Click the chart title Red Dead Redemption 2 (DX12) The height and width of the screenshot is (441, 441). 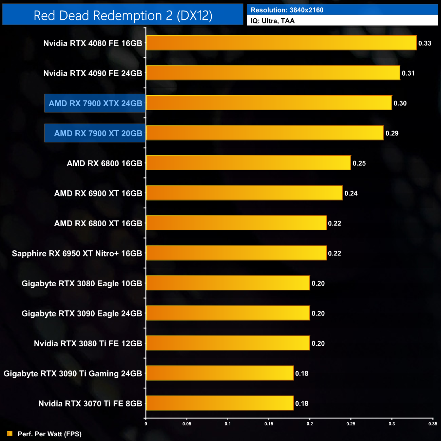[x=123, y=16]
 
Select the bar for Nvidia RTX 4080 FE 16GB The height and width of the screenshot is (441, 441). [x=281, y=43]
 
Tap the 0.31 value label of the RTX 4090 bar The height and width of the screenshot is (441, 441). [x=408, y=73]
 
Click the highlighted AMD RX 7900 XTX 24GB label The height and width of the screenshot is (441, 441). [x=95, y=103]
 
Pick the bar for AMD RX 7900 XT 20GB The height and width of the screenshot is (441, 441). [x=265, y=133]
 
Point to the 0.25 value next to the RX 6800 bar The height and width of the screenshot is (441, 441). [x=359, y=164]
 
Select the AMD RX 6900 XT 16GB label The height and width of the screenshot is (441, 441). [x=98, y=193]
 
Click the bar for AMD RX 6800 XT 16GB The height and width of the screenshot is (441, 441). [x=236, y=223]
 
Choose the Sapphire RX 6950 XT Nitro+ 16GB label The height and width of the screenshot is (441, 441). [x=77, y=253]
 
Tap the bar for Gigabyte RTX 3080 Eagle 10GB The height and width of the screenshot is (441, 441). [x=228, y=283]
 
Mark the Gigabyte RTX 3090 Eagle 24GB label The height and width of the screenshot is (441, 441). [x=82, y=313]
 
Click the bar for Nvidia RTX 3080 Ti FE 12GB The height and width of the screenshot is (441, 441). [x=228, y=343]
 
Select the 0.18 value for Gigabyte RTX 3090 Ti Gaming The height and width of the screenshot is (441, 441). [x=302, y=373]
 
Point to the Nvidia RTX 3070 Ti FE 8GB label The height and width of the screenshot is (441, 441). [x=90, y=403]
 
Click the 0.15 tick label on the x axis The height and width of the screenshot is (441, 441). [x=269, y=424]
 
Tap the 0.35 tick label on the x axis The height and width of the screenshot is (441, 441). [x=433, y=424]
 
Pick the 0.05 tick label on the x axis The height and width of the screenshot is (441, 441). [x=187, y=424]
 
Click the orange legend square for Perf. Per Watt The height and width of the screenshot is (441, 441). [x=9, y=434]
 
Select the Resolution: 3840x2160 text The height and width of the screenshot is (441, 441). [x=287, y=10]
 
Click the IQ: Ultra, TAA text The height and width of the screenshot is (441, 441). [x=272, y=21]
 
